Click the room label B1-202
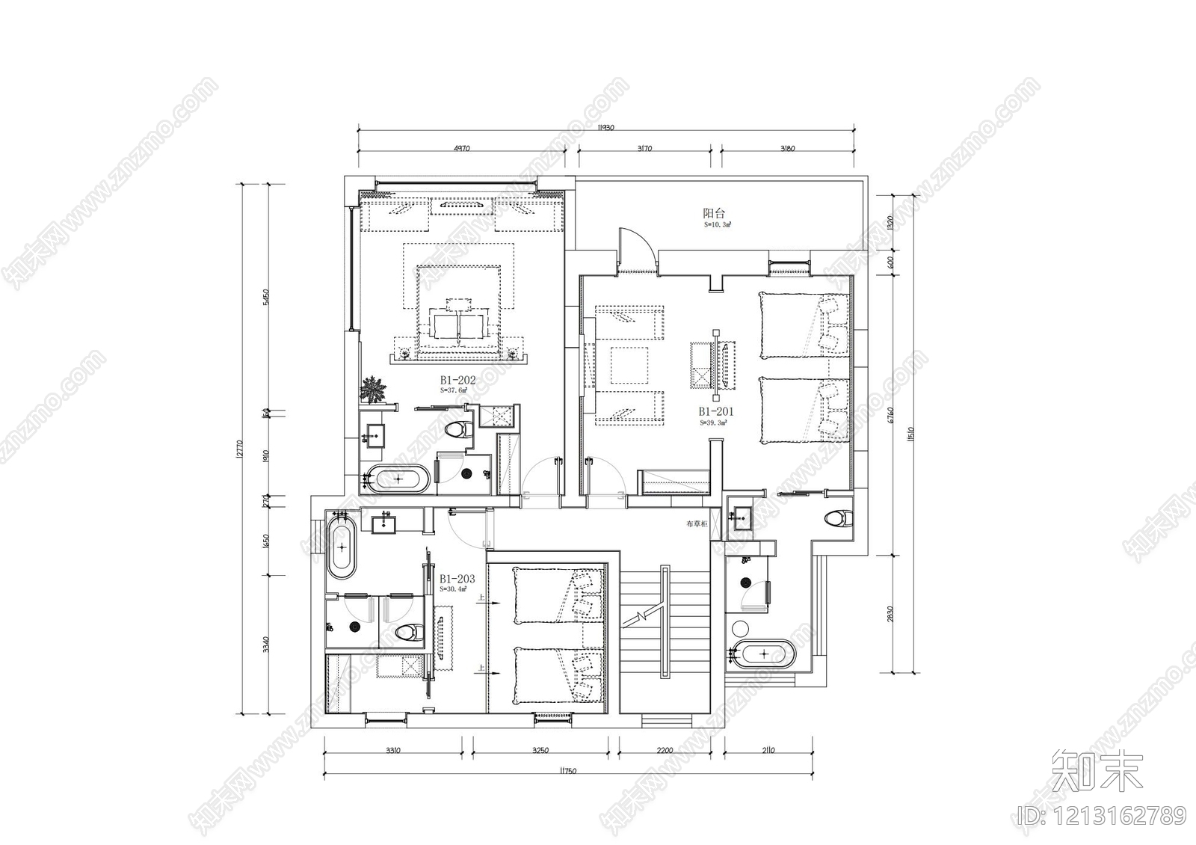coord(457,380)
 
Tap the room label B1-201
coord(716,411)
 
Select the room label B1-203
coord(457,579)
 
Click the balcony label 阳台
coord(714,213)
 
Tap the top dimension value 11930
coord(605,128)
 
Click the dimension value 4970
coord(462,148)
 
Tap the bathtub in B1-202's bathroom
coord(396,479)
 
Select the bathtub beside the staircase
coord(764,653)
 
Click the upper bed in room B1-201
coord(804,325)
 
